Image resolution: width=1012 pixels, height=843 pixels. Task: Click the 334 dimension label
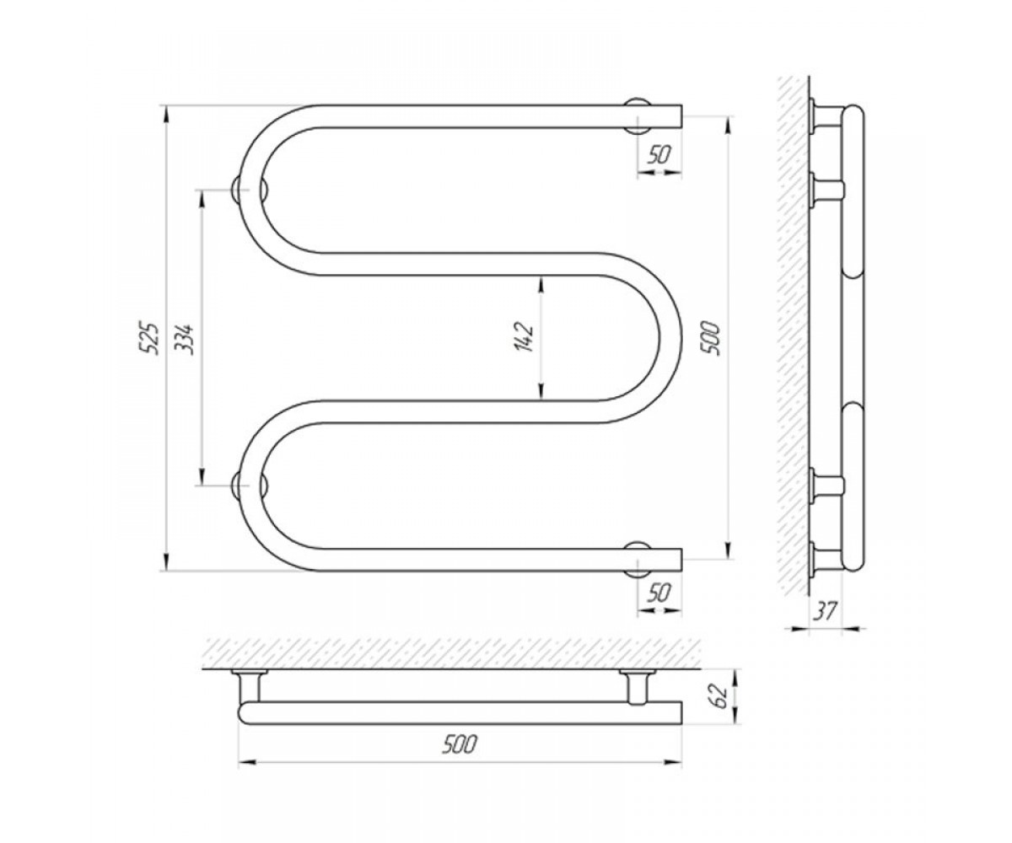click(x=184, y=338)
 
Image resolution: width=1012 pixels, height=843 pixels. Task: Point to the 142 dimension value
click(x=524, y=336)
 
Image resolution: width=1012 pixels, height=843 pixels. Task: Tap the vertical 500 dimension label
click(x=714, y=338)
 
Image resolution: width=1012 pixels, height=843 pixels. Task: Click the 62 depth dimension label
click(x=719, y=696)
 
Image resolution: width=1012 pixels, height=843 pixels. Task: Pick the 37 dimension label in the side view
click(x=826, y=610)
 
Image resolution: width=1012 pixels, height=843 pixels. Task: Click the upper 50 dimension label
click(x=658, y=155)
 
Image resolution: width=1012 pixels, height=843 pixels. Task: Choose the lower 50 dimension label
click(x=658, y=593)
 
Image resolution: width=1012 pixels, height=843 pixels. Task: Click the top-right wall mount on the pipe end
click(x=638, y=115)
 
